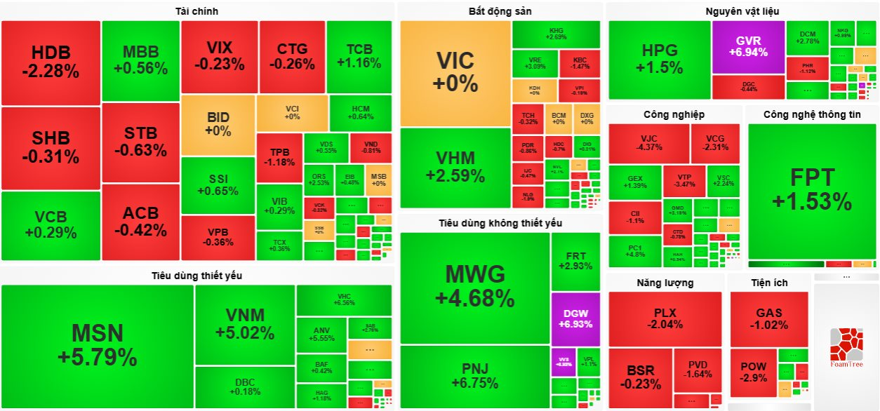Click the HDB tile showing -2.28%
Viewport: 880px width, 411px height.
tap(51, 62)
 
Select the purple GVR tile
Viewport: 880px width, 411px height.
tap(748, 46)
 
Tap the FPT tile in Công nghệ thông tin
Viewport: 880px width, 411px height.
tap(812, 189)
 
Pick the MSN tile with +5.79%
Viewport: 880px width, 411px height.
tap(97, 345)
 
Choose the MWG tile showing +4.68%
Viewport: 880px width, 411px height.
tap(474, 286)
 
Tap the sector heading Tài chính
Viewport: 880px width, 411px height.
tap(196, 11)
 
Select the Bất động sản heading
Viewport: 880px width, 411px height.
tap(500, 11)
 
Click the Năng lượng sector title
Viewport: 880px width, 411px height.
tap(665, 283)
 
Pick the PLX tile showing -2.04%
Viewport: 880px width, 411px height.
tap(665, 318)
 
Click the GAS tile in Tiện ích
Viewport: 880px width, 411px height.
tap(769, 318)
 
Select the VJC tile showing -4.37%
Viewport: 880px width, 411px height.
tap(648, 142)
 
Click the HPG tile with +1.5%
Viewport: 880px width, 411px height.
tap(660, 59)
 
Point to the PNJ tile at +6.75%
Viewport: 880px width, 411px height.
tap(474, 375)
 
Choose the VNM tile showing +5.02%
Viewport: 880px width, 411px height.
tap(244, 323)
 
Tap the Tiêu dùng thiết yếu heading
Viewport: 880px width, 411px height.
tap(196, 276)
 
